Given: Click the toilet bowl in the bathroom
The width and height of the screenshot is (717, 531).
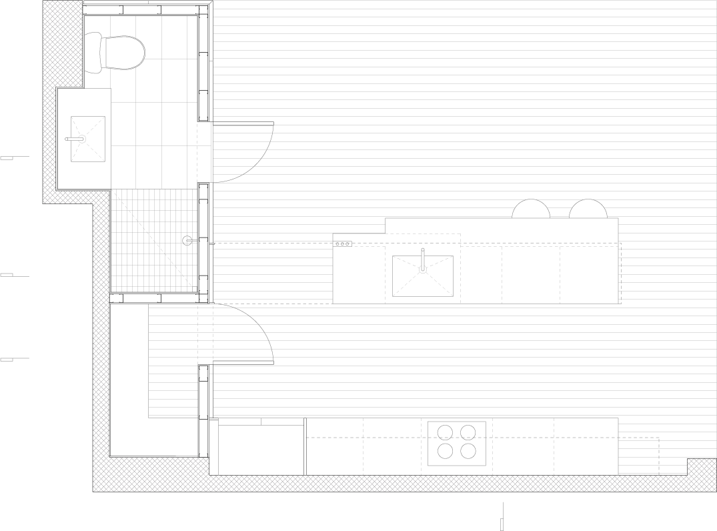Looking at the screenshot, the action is point(123,53).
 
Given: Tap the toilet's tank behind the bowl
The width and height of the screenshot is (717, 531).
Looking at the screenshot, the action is point(93,53).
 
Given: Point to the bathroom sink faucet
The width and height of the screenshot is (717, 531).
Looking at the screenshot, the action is point(75,139).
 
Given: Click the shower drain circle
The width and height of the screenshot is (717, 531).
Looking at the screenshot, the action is point(187,240).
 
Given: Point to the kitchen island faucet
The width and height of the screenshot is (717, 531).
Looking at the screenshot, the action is point(423,260).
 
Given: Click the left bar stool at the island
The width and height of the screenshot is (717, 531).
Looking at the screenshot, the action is point(531,209).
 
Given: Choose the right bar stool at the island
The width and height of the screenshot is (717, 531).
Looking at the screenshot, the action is point(588,209).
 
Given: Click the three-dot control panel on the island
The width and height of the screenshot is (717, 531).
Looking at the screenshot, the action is point(343,244).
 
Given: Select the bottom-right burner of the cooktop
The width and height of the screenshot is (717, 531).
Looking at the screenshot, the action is point(469,452).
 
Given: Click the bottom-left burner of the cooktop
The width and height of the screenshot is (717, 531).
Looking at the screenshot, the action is point(445,452).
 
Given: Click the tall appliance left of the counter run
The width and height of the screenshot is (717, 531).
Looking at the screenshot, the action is point(261,448).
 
